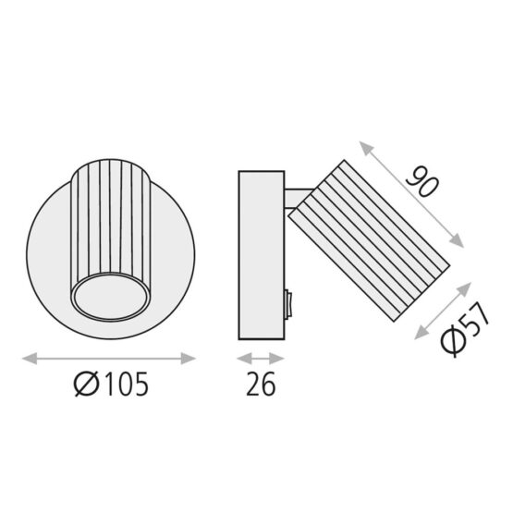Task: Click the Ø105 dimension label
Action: click(x=111, y=384)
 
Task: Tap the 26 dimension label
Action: click(x=261, y=385)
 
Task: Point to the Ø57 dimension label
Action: click(x=465, y=330)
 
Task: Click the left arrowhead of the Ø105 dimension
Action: click(x=30, y=359)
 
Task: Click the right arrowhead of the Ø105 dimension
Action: click(x=189, y=359)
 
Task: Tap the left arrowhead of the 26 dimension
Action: click(x=244, y=359)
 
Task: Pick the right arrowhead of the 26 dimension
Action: click(x=276, y=359)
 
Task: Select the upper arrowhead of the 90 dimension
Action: click(x=366, y=148)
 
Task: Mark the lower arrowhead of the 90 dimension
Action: click(x=457, y=241)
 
